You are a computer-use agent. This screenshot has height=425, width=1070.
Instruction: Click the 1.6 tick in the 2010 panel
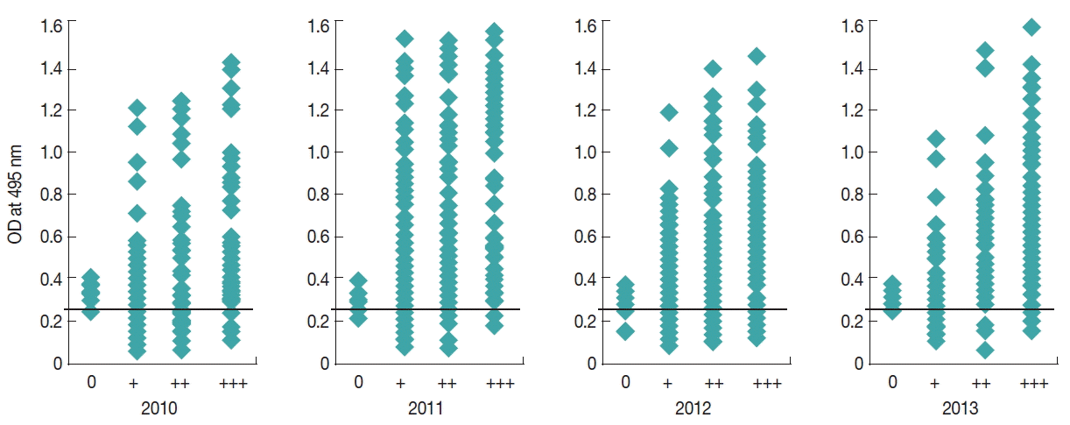pos(51,25)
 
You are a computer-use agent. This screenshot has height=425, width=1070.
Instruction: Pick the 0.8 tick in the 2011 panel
pos(317,195)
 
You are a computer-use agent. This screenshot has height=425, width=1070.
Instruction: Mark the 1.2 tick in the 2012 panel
pos(585,110)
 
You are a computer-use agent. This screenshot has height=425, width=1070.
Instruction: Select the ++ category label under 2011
pos(448,382)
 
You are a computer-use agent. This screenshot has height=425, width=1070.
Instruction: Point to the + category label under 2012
pos(669,382)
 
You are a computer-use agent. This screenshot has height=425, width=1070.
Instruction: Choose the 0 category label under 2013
pos(892,382)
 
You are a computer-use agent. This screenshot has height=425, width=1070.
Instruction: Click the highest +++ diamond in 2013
pos(1031,27)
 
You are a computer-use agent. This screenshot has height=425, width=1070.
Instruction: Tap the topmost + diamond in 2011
pos(404,39)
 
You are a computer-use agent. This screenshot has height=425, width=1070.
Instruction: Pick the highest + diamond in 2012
pos(669,112)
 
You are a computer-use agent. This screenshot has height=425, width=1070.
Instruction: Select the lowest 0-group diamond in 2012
pos(624,331)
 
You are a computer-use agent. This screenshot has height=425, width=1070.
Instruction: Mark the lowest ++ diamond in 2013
pos(985,350)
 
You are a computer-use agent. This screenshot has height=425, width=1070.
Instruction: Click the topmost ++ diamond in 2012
pos(713,68)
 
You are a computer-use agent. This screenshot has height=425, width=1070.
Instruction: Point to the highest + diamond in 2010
pos(137,108)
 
